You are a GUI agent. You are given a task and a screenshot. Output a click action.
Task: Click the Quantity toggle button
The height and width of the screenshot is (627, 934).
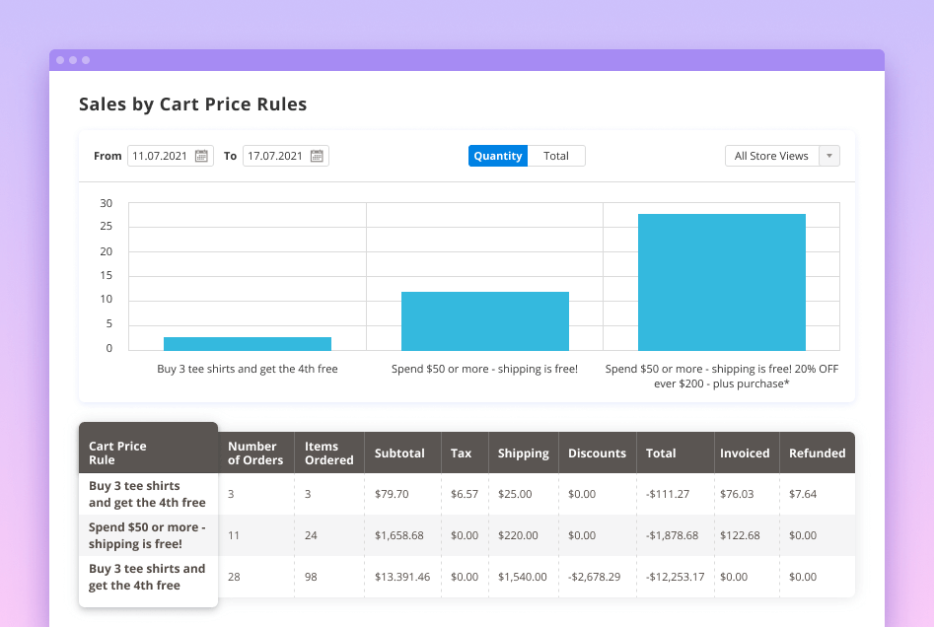(498, 156)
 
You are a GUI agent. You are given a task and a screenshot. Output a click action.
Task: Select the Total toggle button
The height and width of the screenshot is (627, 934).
(556, 156)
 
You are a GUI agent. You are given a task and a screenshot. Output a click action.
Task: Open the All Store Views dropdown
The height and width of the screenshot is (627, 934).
(782, 156)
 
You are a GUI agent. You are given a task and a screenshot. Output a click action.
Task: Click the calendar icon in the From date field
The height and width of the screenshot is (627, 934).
(201, 156)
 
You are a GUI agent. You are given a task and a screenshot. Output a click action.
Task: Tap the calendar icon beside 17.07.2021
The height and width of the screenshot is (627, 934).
(317, 156)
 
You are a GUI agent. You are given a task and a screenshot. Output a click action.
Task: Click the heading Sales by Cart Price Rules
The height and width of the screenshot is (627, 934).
(192, 104)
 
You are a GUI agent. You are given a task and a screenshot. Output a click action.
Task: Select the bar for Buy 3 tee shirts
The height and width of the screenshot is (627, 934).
(248, 343)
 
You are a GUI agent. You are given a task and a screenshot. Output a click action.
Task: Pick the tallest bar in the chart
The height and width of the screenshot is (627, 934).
(722, 282)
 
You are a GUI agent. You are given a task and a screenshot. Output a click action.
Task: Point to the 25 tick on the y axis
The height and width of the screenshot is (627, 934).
(107, 227)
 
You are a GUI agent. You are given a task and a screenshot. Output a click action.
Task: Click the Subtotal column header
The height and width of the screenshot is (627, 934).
(399, 453)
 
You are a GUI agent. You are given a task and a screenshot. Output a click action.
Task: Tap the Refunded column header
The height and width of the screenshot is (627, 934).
(817, 453)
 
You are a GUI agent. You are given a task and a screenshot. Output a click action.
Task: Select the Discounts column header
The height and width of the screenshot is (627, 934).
(597, 453)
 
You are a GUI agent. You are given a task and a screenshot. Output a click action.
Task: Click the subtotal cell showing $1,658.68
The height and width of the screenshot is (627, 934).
(399, 535)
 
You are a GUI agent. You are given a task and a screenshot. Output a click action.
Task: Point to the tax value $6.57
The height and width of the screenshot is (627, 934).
(464, 494)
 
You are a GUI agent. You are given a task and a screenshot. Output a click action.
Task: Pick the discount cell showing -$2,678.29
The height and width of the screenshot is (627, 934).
(595, 577)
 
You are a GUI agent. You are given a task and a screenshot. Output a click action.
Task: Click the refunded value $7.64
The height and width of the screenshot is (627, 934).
(803, 494)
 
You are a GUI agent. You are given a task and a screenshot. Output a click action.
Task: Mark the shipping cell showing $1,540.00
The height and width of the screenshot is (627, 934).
(522, 577)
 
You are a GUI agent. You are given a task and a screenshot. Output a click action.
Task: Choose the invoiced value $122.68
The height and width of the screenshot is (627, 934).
(740, 535)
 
